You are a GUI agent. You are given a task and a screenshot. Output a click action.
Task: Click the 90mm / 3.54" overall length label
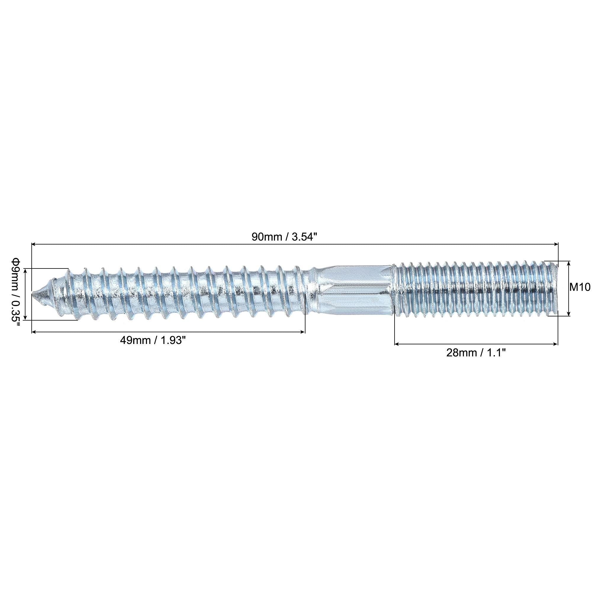click(x=283, y=237)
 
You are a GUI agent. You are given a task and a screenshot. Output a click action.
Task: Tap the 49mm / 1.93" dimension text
click(x=153, y=341)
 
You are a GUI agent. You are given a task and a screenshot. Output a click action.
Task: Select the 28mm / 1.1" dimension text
click(x=476, y=353)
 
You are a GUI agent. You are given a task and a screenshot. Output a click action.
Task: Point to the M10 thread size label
click(x=580, y=287)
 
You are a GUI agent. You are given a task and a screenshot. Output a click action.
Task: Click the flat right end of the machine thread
click(x=556, y=289)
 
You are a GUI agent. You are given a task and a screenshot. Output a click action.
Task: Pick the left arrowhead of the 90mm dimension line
click(x=34, y=244)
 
